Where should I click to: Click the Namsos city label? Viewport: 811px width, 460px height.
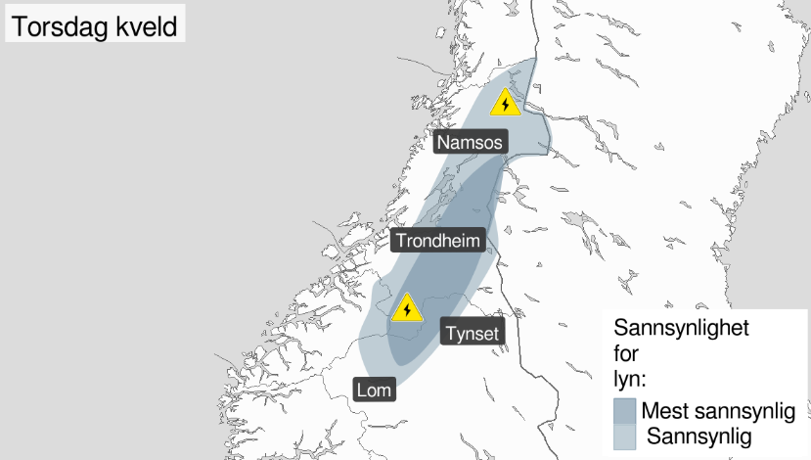pos(471,143)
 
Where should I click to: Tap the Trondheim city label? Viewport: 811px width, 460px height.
pos(438,241)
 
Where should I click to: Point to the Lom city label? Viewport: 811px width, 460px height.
pos(375,390)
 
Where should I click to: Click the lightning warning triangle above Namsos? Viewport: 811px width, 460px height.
pos(505,103)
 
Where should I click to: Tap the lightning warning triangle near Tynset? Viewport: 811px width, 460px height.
pos(406,309)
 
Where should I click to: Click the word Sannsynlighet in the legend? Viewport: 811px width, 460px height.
pos(681,328)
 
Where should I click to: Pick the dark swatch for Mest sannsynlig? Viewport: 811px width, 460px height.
pos(625,409)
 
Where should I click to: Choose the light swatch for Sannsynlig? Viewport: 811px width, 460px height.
pos(625,437)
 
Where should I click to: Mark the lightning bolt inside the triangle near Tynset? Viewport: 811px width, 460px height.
pos(406,311)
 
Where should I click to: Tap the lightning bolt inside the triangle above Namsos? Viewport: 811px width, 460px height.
pos(505,105)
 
